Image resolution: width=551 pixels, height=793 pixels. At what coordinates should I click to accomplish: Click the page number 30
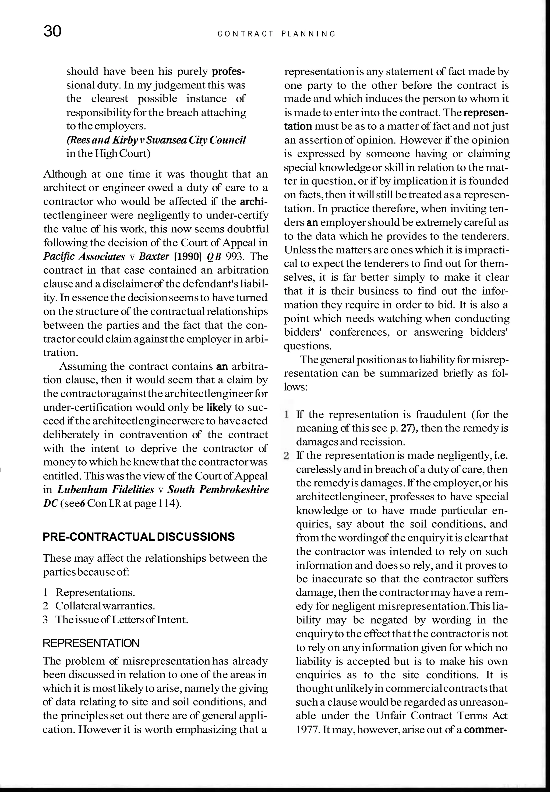pyautogui.click(x=52, y=32)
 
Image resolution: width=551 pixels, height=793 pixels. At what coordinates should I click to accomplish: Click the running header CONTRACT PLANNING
pyautogui.click(x=277, y=34)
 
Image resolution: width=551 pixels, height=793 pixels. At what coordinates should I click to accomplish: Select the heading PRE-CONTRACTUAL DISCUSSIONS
pyautogui.click(x=139, y=537)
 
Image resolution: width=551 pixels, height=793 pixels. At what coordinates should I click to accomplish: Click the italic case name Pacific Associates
pyautogui.click(x=84, y=257)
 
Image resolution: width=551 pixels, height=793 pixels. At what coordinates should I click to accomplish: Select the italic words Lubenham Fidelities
pyautogui.click(x=105, y=490)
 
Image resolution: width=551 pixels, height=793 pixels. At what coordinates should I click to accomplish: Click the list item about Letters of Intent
pyautogui.click(x=122, y=620)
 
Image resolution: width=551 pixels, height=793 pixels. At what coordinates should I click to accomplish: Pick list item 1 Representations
pyautogui.click(x=95, y=592)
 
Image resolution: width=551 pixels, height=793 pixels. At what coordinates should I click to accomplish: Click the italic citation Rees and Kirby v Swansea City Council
pyautogui.click(x=156, y=140)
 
